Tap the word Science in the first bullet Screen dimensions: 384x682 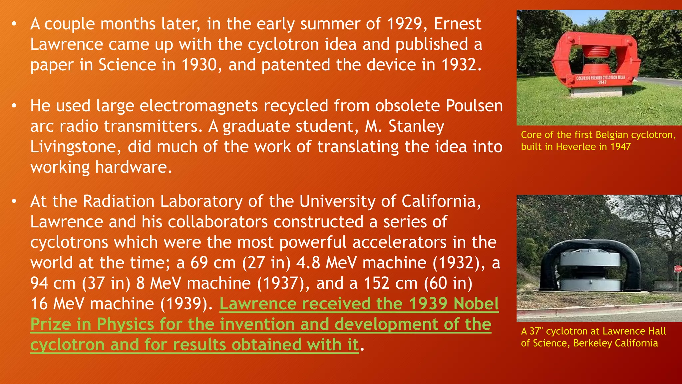127,65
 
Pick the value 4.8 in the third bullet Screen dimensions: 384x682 308,263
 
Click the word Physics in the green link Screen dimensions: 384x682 125,324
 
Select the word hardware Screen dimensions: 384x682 133,167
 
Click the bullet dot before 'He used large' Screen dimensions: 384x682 14,106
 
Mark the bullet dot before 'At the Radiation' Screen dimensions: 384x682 14,202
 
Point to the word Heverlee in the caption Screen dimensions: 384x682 575,147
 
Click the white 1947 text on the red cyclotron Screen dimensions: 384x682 602,82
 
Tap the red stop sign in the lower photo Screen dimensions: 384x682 678,269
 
